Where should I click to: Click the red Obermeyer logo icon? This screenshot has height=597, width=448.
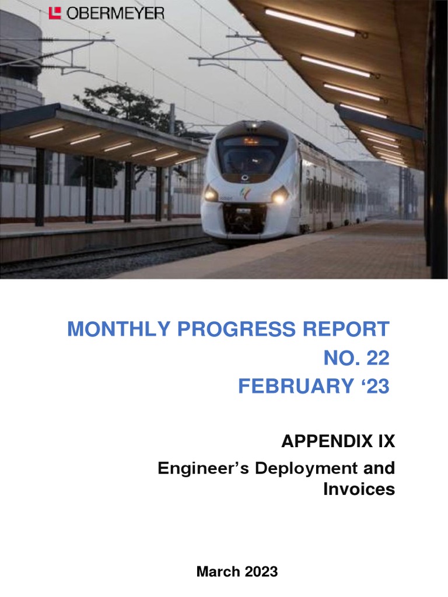coord(55,13)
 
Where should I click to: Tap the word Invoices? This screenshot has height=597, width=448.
coord(359,489)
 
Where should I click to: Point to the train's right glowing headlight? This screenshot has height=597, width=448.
coord(279,196)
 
